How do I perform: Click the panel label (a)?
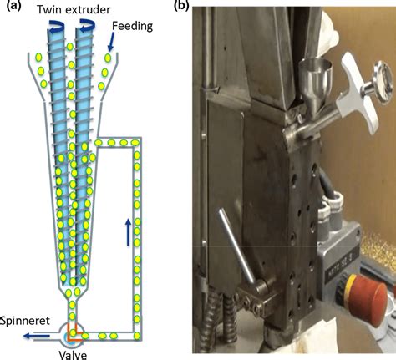click(13, 6)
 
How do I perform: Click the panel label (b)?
click(181, 6)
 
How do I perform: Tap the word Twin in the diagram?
click(49, 10)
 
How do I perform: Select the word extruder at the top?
click(88, 10)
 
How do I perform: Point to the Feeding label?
click(132, 27)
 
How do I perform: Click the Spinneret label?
click(25, 321)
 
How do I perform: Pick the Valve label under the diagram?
click(73, 355)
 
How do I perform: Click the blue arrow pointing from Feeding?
click(112, 42)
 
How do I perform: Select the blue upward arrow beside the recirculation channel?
click(128, 232)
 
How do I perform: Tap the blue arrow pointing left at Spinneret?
click(37, 336)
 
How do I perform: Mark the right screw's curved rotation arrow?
click(87, 25)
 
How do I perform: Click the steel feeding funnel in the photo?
click(315, 82)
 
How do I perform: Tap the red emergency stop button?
click(368, 300)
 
